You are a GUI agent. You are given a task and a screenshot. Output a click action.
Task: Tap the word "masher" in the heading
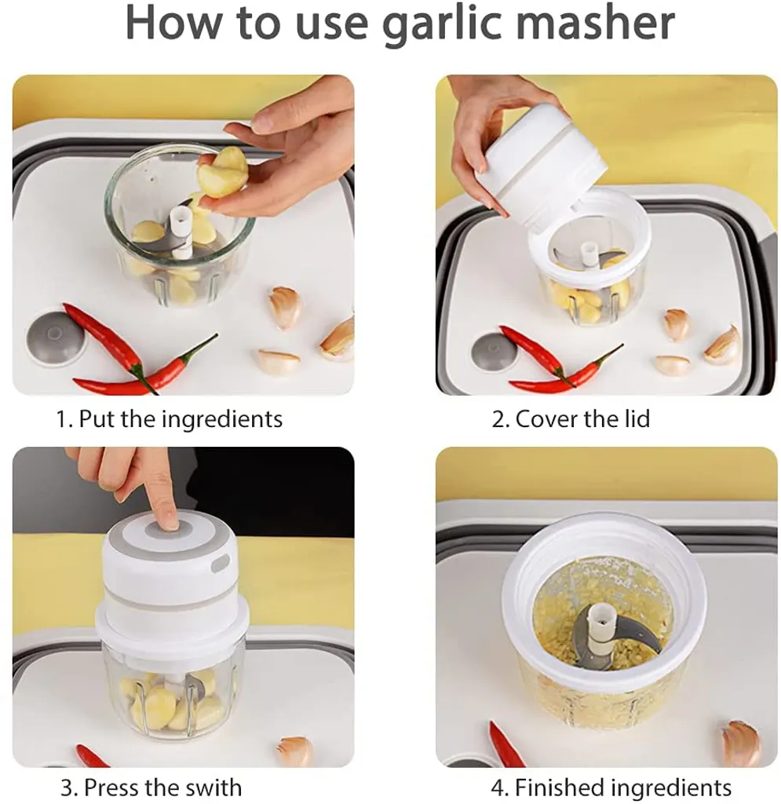click(x=594, y=22)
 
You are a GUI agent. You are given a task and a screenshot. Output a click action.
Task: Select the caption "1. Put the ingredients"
click(x=169, y=419)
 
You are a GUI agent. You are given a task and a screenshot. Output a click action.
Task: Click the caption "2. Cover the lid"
click(x=571, y=419)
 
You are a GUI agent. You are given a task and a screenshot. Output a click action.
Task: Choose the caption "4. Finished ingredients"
click(x=611, y=787)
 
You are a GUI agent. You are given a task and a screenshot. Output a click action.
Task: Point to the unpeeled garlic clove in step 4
click(x=741, y=743)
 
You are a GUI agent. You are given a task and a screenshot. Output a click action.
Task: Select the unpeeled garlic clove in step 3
click(x=294, y=751)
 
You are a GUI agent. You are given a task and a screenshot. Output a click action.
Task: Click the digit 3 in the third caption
click(x=66, y=787)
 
